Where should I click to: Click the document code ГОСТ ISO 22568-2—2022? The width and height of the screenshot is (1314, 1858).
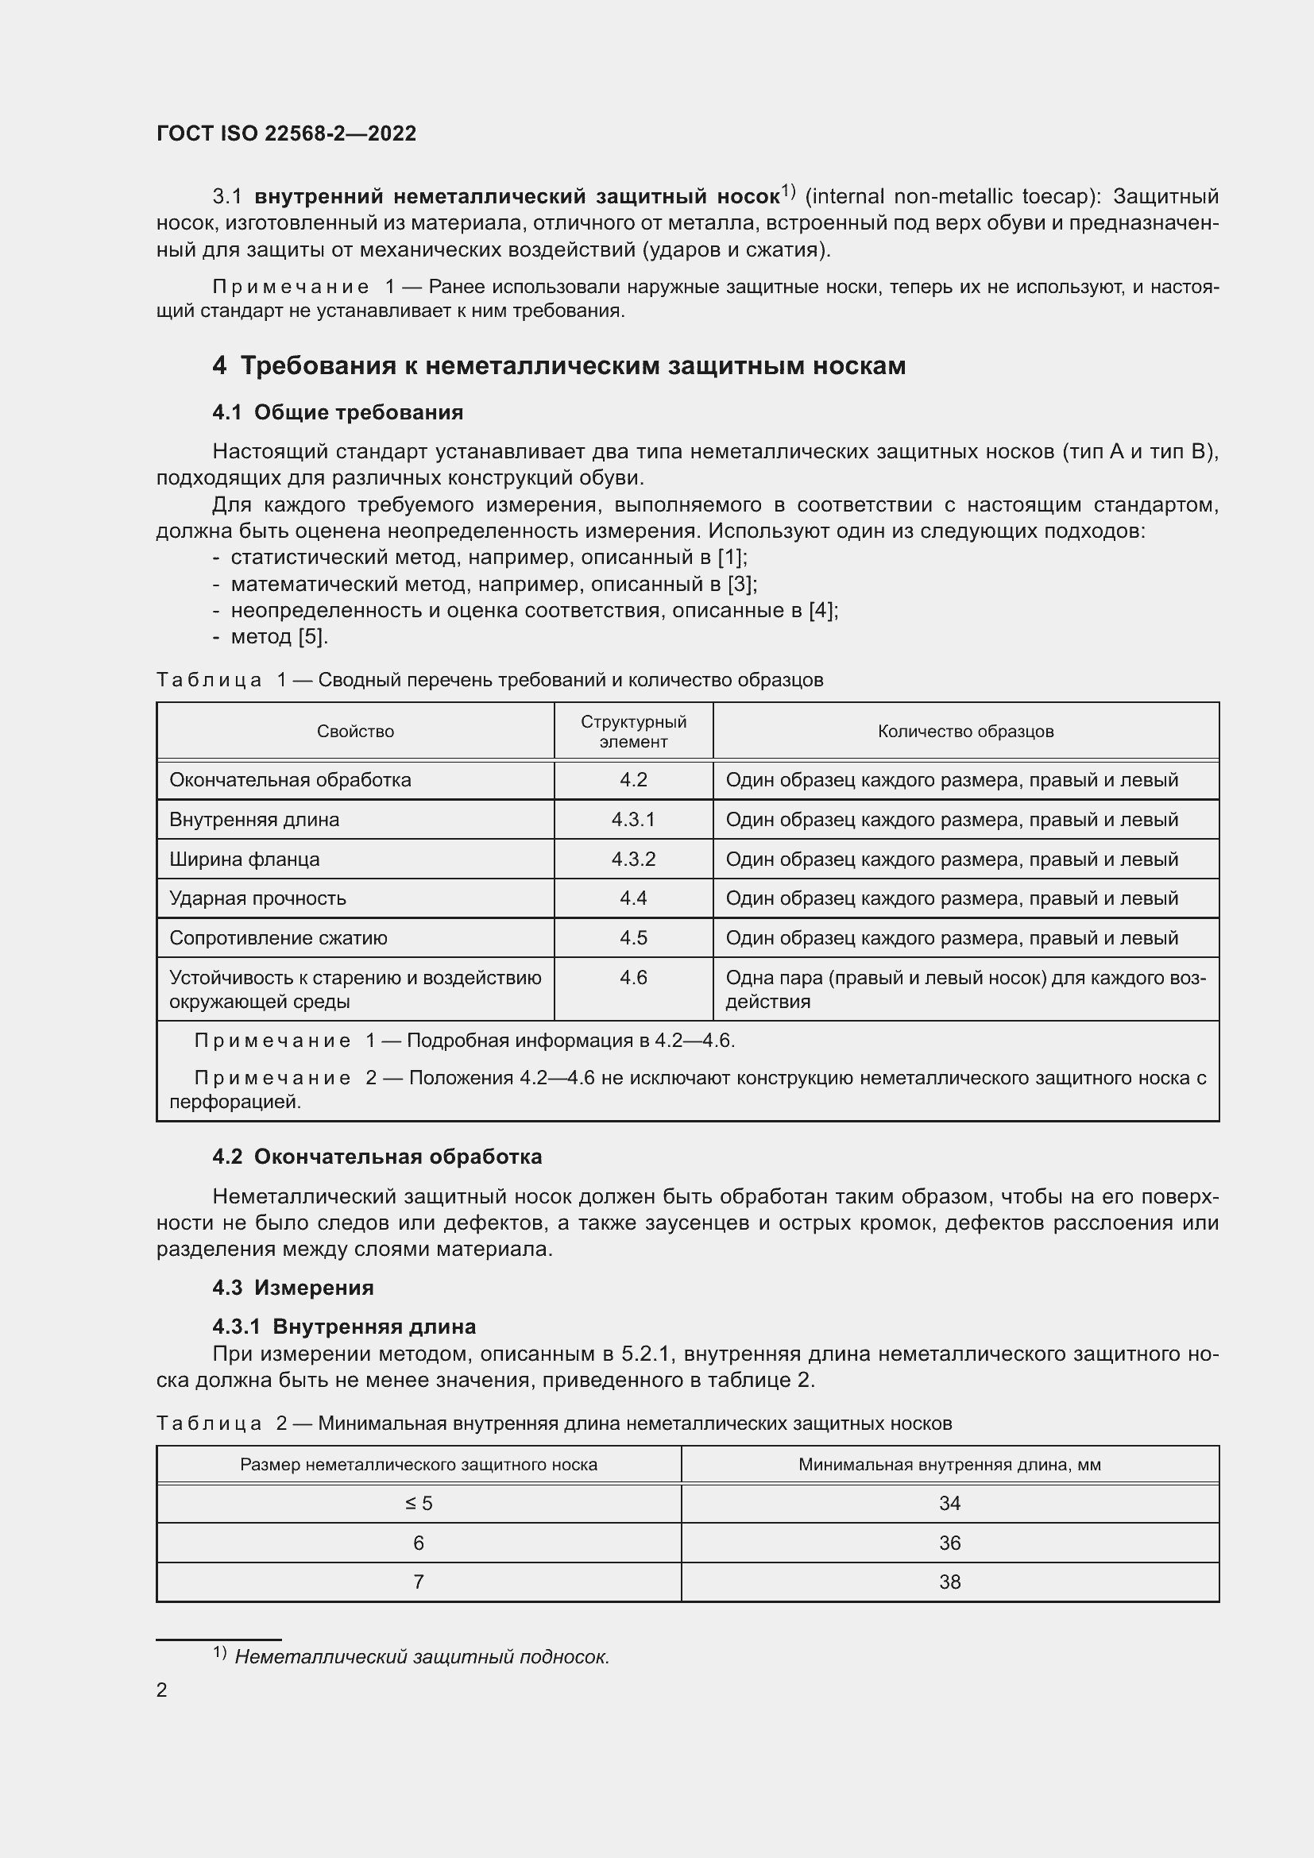286,133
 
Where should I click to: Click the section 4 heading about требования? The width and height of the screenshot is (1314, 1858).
558,365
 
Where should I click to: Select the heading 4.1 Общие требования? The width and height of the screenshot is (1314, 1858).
338,413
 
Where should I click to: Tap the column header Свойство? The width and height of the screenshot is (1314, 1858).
355,732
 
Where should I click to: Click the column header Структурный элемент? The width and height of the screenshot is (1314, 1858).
632,732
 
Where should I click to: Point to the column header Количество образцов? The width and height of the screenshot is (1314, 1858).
965,732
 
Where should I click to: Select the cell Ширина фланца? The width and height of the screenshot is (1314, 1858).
245,859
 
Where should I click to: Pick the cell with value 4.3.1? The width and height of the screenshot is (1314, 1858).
632,820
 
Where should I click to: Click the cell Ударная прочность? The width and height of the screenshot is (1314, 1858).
257,898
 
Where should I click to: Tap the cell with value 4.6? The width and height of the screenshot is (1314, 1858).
632,978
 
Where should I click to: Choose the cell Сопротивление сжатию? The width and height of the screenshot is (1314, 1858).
278,938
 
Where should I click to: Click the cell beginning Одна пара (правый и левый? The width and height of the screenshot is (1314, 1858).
964,989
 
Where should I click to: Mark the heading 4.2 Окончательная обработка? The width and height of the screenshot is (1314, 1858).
377,1157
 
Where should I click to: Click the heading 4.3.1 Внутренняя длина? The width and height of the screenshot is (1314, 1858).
344,1326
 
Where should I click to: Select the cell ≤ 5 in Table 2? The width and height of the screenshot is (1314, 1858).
419,1504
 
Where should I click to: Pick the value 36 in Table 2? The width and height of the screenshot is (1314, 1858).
949,1543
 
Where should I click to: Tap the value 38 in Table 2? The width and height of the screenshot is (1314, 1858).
949,1582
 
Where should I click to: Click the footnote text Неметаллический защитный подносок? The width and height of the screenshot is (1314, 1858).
422,1657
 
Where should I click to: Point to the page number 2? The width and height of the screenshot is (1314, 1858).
162,1690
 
